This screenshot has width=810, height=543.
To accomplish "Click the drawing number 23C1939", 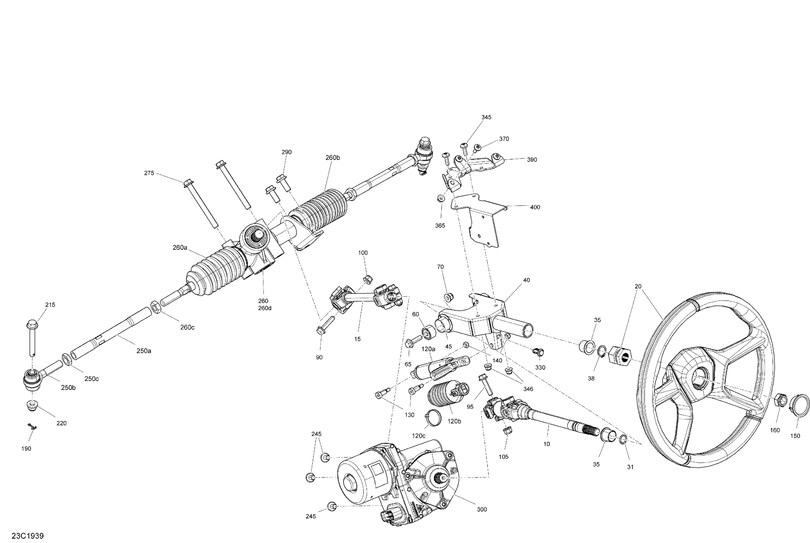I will coord(28,536).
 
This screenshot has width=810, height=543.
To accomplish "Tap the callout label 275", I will coord(149,173).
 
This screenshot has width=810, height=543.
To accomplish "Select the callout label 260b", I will coord(333,157).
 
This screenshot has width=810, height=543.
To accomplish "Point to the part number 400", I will coord(535,207).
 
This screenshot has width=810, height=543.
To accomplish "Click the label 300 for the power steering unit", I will coord(482,509).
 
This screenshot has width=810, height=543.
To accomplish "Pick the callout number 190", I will coord(26,448).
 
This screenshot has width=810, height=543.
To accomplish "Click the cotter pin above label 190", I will coord(32,427).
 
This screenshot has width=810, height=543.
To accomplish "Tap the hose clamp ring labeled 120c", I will coord(433,416).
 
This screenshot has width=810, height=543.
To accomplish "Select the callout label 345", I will coord(486,117).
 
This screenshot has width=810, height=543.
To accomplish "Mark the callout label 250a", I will coord(144,351).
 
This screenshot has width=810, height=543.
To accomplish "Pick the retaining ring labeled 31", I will coord(622,439).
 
